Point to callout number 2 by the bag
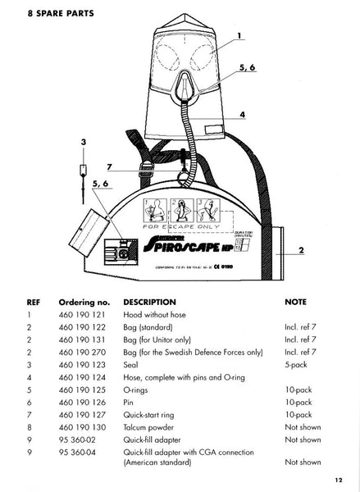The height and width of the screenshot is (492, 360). (302, 249)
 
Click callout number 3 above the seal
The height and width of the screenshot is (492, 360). (83, 143)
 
